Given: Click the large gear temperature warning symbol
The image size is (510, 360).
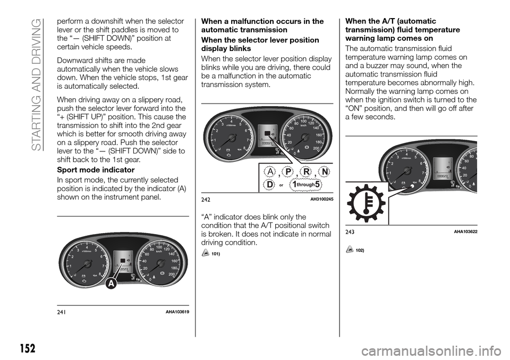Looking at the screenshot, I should click(366, 202).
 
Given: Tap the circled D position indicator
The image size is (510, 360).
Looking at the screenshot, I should click(270, 184).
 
